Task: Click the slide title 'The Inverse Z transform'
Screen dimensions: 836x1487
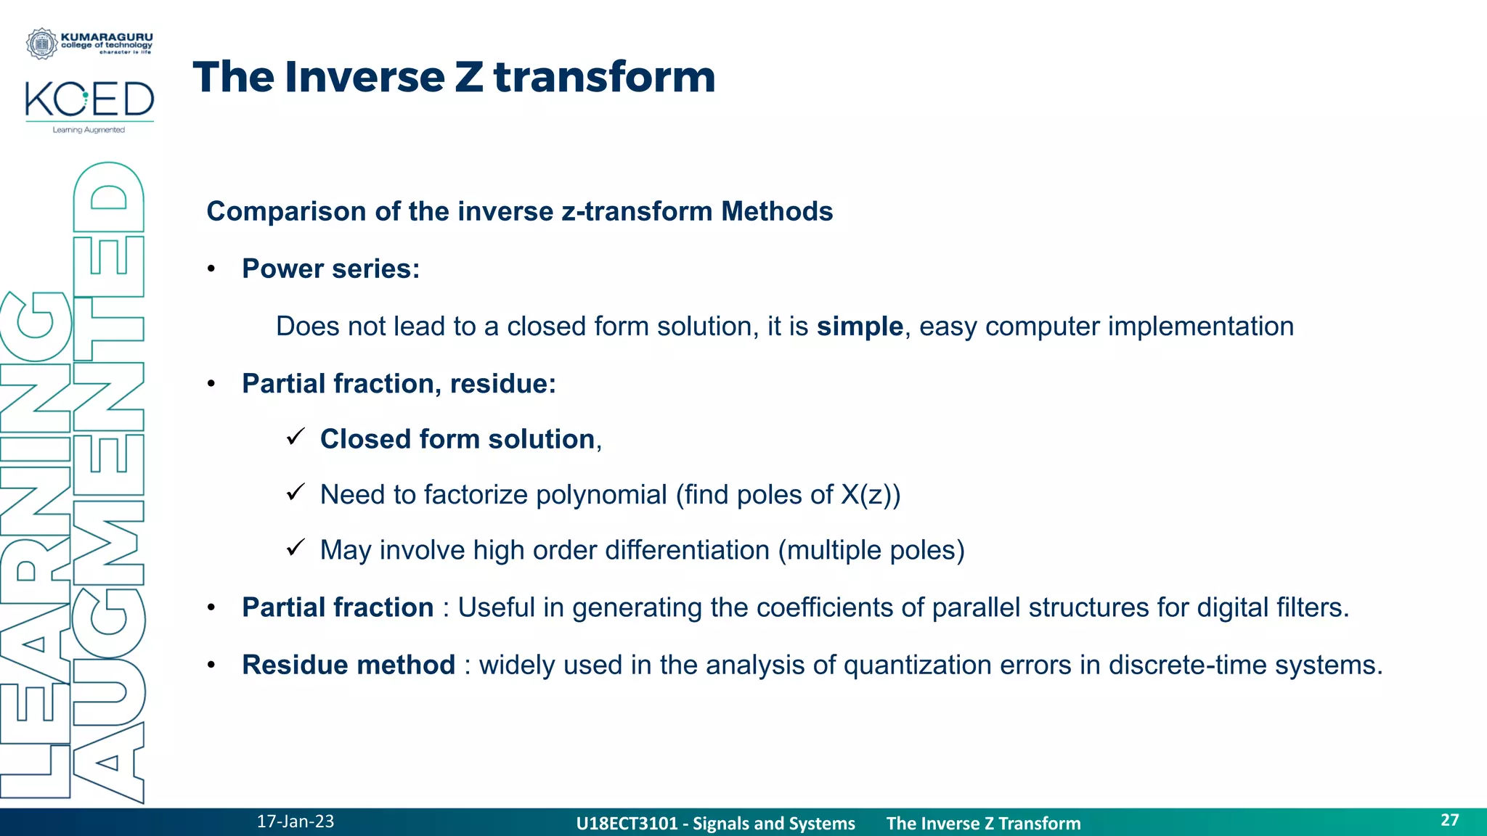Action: [x=454, y=77]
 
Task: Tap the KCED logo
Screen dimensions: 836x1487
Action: [x=89, y=100]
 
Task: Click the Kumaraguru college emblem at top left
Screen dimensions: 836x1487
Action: [x=41, y=44]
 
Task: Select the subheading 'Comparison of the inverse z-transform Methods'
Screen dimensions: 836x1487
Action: [x=519, y=211]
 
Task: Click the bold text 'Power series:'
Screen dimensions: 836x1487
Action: [x=330, y=269]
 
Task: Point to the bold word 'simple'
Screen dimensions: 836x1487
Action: [x=859, y=327]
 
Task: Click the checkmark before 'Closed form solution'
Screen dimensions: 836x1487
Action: [x=295, y=437]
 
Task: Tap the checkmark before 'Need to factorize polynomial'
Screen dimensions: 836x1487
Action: [x=295, y=493]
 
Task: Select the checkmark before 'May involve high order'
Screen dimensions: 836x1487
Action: [x=295, y=548]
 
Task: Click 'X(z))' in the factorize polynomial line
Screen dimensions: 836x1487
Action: [x=871, y=495]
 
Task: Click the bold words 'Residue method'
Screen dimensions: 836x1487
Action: [x=349, y=665]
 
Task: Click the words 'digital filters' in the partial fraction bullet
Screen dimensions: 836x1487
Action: [x=1271, y=607]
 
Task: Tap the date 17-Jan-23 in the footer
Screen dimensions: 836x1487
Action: [x=295, y=821]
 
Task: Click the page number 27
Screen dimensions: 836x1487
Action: [x=1449, y=820]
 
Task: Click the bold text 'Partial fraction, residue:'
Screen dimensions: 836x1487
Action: [x=399, y=383]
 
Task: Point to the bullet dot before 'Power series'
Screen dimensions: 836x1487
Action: [x=211, y=269]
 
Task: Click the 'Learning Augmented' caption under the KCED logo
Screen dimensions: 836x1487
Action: [x=89, y=130]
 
